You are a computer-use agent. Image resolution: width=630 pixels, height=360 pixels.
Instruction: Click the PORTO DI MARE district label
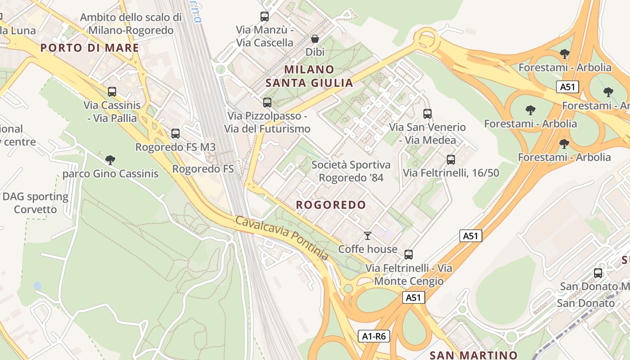tap(90, 48)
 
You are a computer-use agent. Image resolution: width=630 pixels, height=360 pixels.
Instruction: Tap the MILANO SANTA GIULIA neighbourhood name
tap(309, 76)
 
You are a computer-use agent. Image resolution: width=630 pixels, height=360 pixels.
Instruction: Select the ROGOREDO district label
tap(331, 205)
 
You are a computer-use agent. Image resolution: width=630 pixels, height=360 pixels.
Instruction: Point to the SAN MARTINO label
tap(473, 355)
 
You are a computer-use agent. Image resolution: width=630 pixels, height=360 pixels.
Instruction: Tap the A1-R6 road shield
tap(374, 336)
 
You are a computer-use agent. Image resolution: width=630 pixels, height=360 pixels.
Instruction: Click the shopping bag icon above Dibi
tap(315, 39)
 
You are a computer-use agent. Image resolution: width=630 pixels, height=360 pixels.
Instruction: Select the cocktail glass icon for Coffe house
tap(368, 235)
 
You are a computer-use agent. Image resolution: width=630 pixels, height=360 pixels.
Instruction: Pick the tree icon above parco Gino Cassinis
tap(110, 160)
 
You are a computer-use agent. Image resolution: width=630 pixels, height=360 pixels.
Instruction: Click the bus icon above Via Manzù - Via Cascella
tap(265, 17)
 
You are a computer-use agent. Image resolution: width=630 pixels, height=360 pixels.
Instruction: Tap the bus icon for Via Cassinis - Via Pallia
tap(112, 92)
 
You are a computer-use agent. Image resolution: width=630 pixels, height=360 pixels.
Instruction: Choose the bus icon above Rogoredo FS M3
tap(175, 134)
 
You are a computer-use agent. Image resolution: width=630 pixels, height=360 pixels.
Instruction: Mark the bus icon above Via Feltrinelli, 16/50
tap(450, 159)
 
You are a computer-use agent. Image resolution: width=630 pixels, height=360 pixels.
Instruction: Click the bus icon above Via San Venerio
tap(427, 113)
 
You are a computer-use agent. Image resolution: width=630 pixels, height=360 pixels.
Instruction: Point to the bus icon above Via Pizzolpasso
tap(267, 103)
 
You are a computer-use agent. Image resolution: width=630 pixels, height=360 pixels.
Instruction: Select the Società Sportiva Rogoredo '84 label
tap(351, 171)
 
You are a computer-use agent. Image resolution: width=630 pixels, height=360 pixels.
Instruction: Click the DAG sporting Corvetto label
tap(35, 203)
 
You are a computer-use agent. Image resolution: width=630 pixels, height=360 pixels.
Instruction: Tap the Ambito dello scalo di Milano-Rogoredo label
tap(131, 24)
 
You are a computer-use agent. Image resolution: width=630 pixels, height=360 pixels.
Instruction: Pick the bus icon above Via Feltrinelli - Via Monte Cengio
tap(409, 255)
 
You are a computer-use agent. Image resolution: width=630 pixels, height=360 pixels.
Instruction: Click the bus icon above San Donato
tap(598, 273)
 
